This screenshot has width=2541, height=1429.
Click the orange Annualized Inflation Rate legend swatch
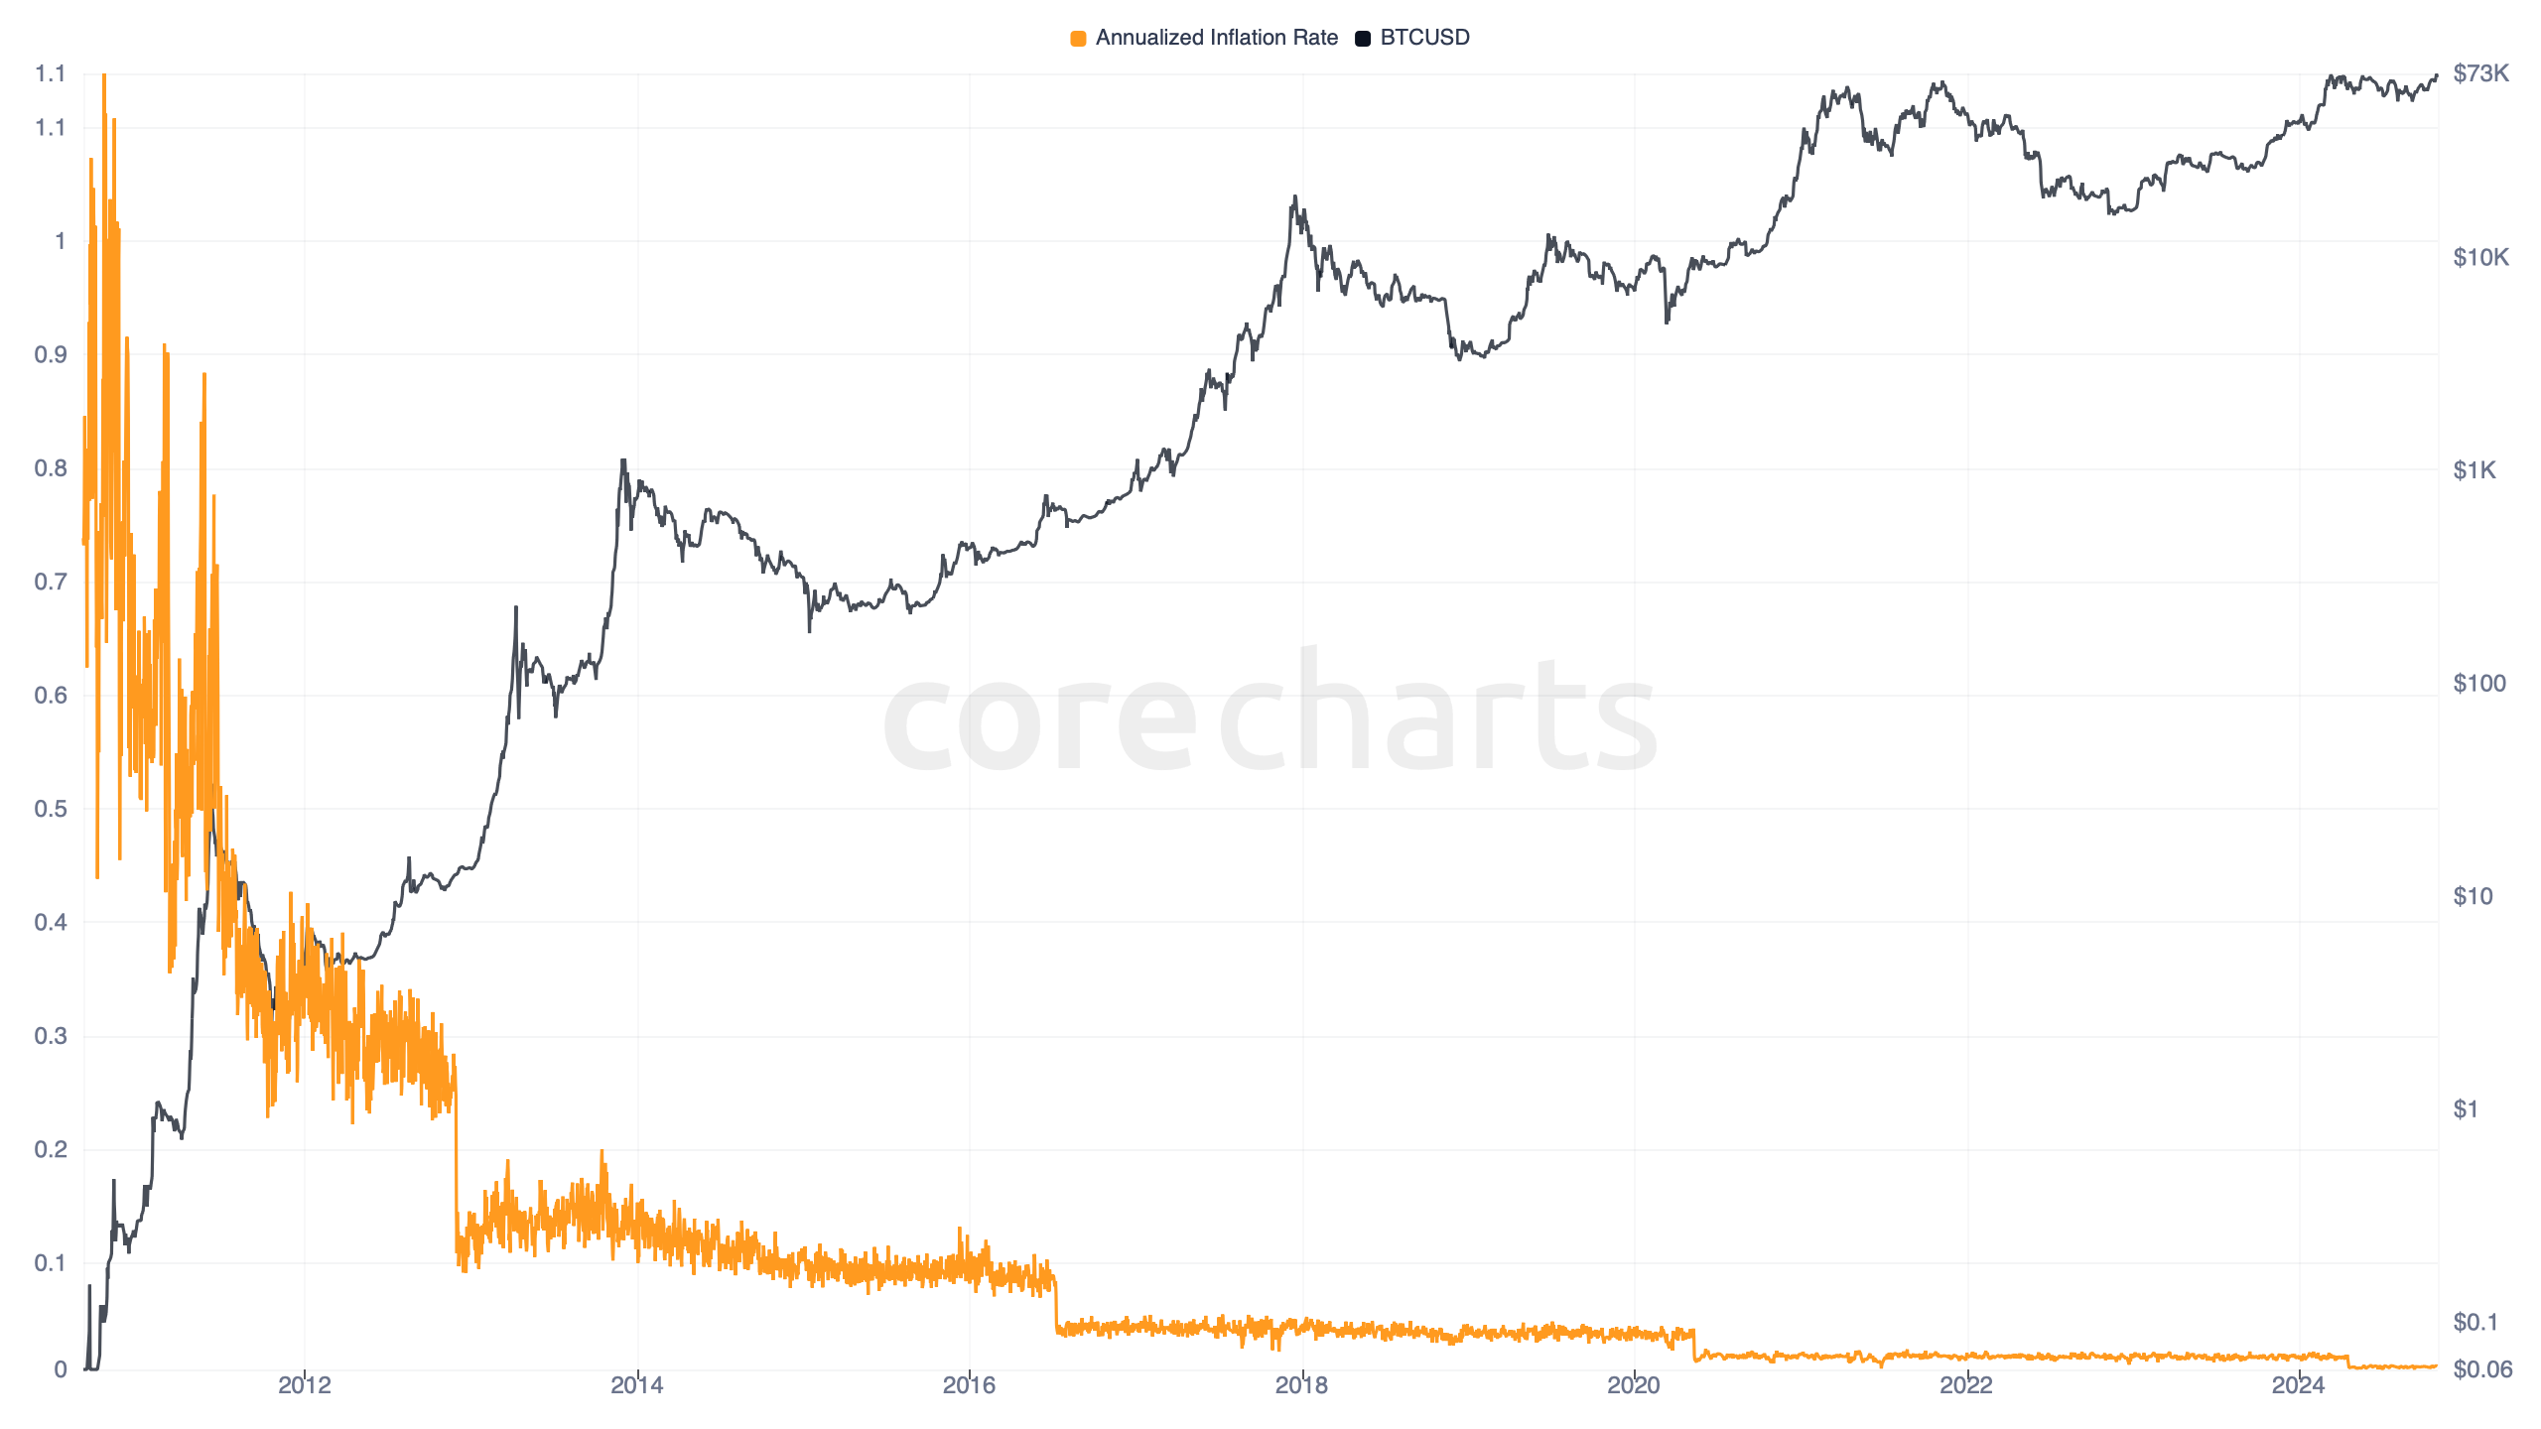(1078, 39)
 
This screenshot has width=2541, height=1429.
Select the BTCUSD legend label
(1424, 38)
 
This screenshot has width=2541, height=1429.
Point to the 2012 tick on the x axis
(304, 1385)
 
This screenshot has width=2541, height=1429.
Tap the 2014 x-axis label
(636, 1385)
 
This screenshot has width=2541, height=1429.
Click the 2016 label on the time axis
(969, 1385)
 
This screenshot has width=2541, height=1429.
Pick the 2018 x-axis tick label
(1301, 1385)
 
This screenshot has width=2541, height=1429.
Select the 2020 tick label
(1634, 1385)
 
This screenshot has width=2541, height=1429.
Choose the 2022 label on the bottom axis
(1966, 1385)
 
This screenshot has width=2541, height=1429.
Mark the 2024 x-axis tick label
(2298, 1385)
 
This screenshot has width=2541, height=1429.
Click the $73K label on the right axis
(2480, 73)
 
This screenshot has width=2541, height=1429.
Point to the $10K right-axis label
(2480, 258)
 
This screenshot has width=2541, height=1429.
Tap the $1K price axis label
(2474, 470)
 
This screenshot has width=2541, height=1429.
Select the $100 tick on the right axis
(2478, 684)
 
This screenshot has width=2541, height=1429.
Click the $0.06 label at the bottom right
(2482, 1370)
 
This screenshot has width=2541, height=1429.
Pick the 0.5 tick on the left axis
(51, 809)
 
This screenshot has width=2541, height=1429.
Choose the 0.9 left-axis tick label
(51, 355)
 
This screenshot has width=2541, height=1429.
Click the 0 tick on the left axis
(61, 1370)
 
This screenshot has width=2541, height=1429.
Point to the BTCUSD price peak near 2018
(1294, 197)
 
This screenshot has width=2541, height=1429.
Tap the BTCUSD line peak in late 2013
(623, 460)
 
